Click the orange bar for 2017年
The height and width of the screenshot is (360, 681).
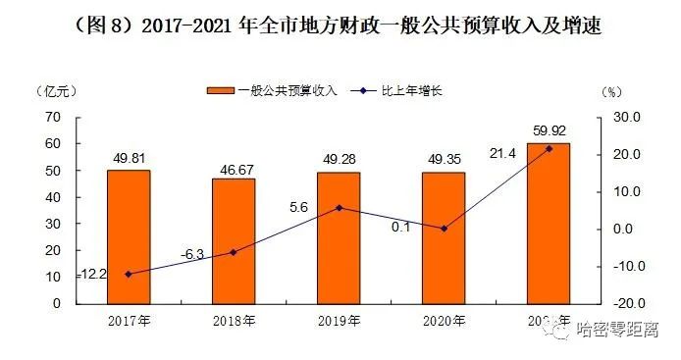[x=129, y=236]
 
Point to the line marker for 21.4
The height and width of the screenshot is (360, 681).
[x=549, y=148]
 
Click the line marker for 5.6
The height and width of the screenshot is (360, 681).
[x=339, y=208]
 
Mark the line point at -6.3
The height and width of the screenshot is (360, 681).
[x=234, y=252]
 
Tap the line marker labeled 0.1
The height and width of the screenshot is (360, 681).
[x=444, y=229]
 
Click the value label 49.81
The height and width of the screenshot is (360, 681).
[x=129, y=156]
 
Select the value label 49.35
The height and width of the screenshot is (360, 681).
[x=444, y=158]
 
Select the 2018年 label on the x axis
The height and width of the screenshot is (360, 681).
[x=234, y=321]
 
